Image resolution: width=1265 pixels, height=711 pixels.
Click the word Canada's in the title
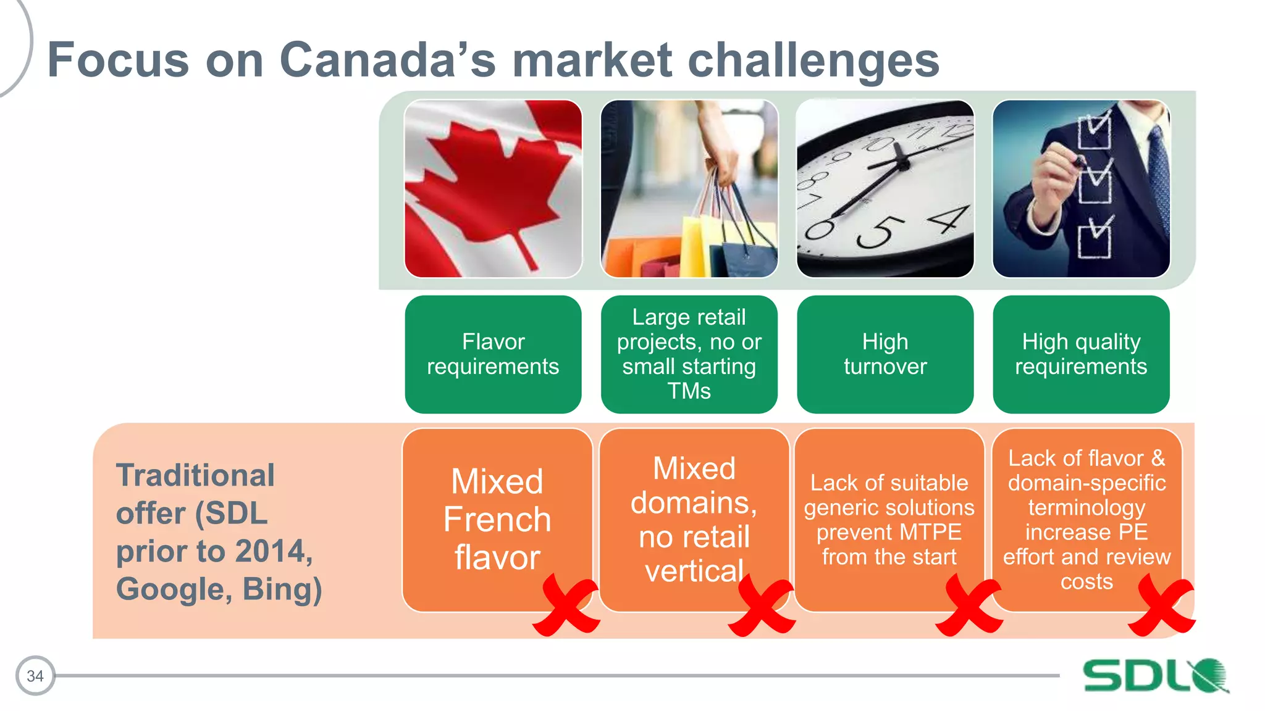click(387, 60)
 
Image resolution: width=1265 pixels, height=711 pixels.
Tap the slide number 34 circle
click(35, 676)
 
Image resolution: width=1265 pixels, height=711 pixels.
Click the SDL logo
click(1155, 676)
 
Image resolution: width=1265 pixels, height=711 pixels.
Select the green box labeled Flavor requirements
click(493, 354)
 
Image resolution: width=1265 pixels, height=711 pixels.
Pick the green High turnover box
click(885, 354)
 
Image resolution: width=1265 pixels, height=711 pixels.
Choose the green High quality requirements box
click(1081, 354)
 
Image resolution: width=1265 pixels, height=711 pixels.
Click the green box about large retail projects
click(689, 354)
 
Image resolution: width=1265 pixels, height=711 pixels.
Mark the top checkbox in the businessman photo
click(1094, 130)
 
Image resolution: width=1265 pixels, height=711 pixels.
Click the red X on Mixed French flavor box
click(566, 606)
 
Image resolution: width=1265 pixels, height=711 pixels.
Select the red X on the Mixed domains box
click(762, 606)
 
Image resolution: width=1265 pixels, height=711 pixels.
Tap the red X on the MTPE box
click(969, 606)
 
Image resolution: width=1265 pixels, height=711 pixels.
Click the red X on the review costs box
click(1161, 606)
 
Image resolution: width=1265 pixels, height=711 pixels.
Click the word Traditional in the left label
click(195, 475)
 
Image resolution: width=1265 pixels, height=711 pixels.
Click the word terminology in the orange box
click(1086, 507)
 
